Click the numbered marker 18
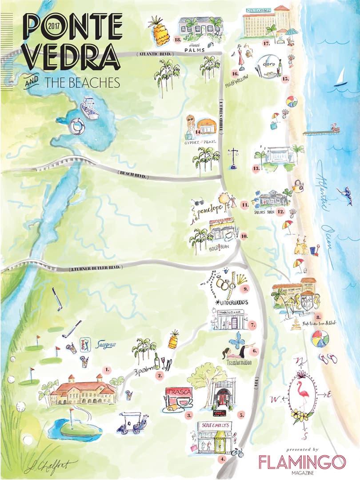[177, 40]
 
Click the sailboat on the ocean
[341, 77]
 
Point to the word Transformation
[239, 363]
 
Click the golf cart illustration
[132, 422]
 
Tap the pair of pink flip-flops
[327, 359]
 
